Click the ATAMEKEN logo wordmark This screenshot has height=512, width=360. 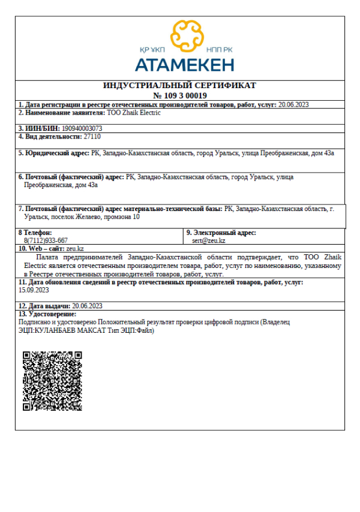[184, 64]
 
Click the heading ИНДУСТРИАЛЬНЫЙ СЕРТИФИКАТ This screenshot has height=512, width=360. [180, 86]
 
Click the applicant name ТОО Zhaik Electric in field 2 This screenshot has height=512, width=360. [133, 112]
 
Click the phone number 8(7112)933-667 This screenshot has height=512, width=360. [46, 240]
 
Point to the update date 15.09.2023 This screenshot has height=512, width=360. [34, 290]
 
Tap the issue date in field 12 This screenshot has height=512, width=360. [88, 306]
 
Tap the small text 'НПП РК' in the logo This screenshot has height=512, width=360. [218, 51]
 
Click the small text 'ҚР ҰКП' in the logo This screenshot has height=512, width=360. [152, 51]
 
